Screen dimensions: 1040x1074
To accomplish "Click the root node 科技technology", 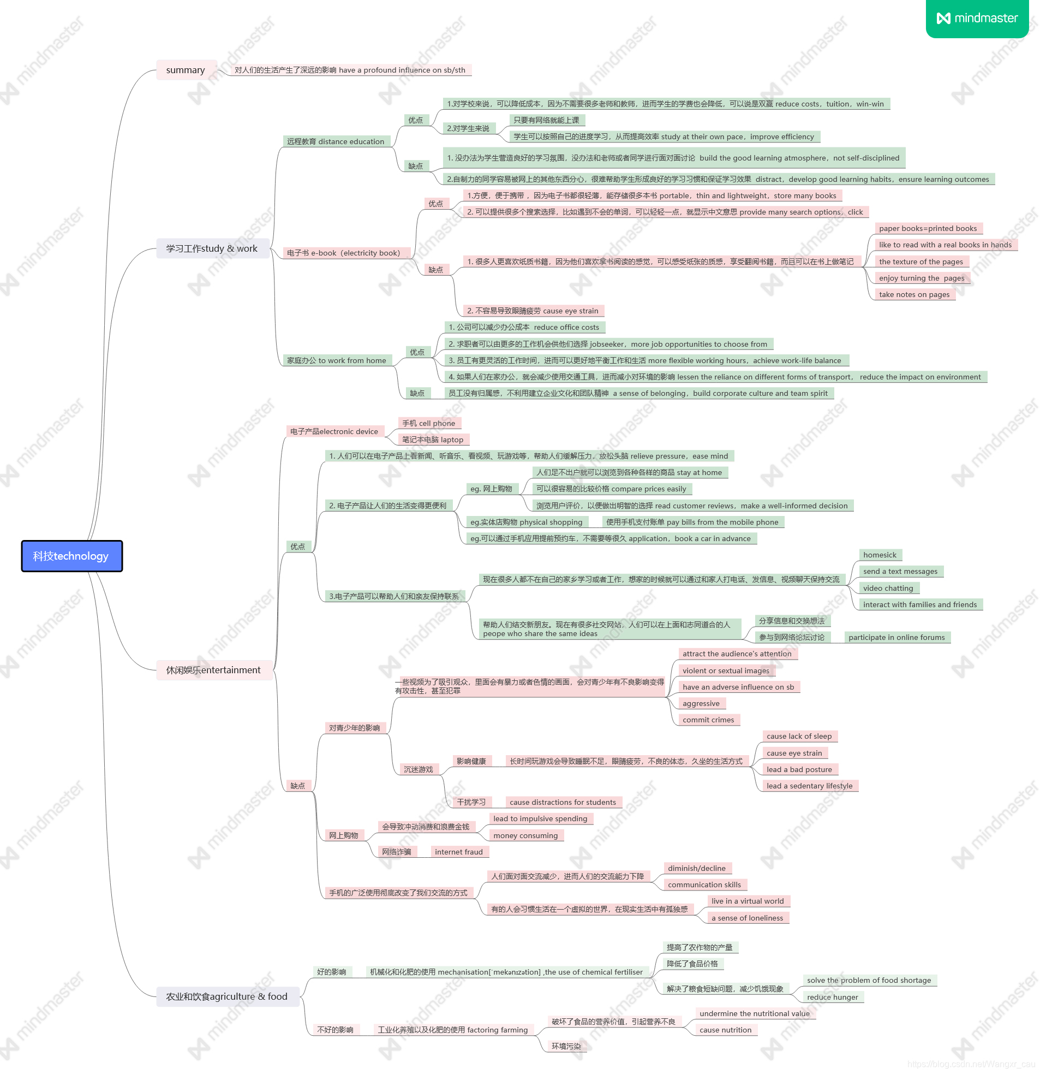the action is click(x=71, y=556).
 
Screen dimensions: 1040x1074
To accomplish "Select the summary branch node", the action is click(x=186, y=70).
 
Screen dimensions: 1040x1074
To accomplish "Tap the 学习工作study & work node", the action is click(x=212, y=249).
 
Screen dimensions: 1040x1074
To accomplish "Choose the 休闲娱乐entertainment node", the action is click(x=213, y=669).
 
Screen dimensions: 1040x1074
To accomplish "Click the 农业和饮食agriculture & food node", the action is click(x=227, y=996).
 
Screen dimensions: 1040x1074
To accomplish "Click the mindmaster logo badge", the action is click(x=977, y=18).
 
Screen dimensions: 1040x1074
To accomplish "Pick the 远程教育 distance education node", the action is click(x=336, y=141).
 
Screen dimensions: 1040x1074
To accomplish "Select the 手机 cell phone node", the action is click(x=429, y=423).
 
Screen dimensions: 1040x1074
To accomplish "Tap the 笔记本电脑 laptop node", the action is click(x=433, y=440).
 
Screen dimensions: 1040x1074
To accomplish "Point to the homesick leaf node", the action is click(x=880, y=555).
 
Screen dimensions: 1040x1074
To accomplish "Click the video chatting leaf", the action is click(x=888, y=588).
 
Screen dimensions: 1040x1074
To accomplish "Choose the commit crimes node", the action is click(x=708, y=720).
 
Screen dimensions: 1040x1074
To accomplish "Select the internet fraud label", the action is click(x=459, y=852).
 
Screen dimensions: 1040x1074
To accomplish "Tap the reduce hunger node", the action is click(x=833, y=996).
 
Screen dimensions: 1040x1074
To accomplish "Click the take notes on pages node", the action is click(x=914, y=294).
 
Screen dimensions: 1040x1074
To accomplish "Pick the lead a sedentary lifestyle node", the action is click(x=809, y=786).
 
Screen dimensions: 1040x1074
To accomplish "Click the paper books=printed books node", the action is click(x=928, y=228).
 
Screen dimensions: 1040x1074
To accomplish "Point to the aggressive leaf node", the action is click(x=701, y=703).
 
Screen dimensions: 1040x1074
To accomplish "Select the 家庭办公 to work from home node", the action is click(x=336, y=360).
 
